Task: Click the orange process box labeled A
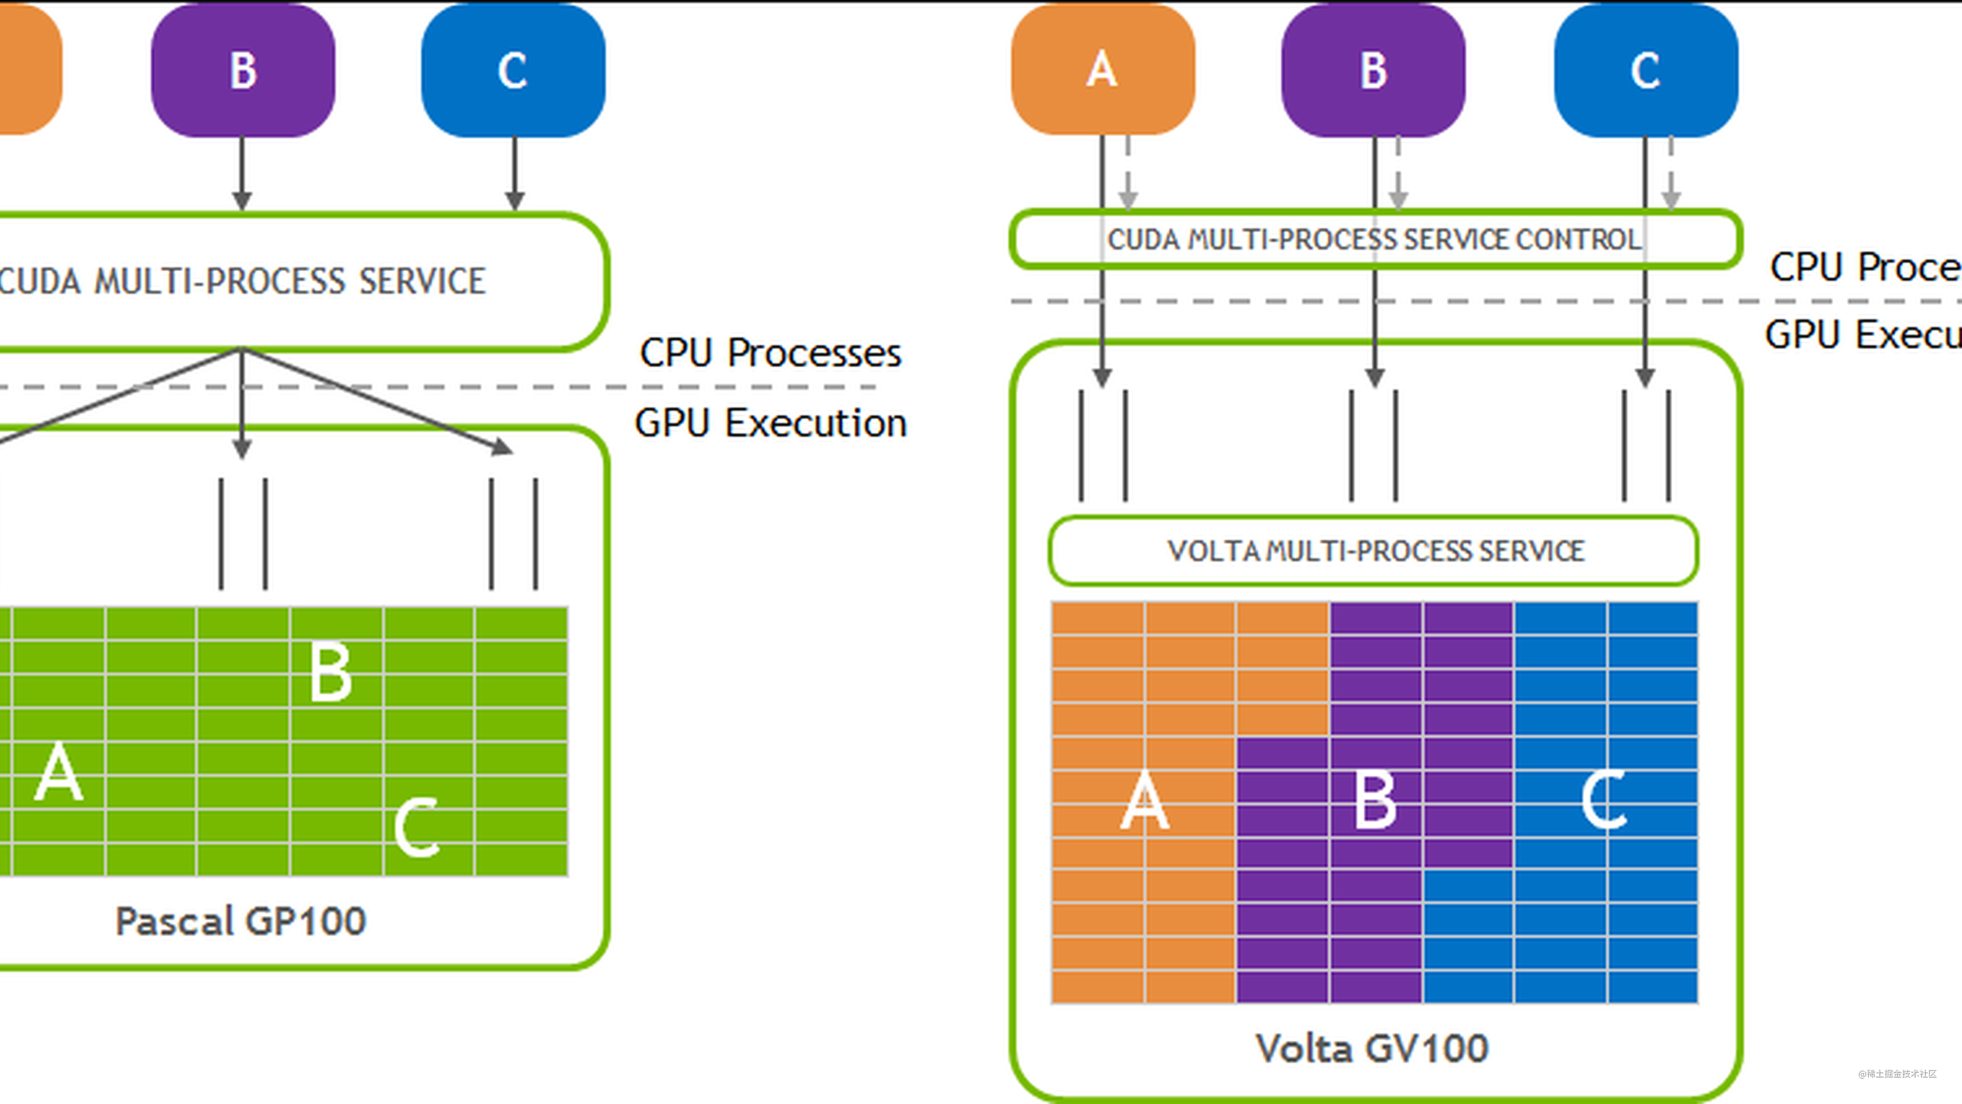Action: [x=1102, y=69]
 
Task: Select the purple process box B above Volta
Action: [x=1373, y=70]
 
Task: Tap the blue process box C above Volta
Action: [x=1645, y=70]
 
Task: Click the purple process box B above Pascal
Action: [x=243, y=70]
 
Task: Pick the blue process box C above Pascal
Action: [x=513, y=70]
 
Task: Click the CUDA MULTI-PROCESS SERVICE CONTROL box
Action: [x=1375, y=239]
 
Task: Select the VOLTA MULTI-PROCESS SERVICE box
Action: [x=1375, y=551]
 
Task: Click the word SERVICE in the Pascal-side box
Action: [x=422, y=281]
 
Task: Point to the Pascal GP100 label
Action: [x=241, y=921]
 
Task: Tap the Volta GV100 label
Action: [x=1372, y=1048]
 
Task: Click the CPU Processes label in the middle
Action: [x=770, y=353]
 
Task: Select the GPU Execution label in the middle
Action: [x=770, y=423]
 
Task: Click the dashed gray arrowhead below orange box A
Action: [x=1128, y=199]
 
